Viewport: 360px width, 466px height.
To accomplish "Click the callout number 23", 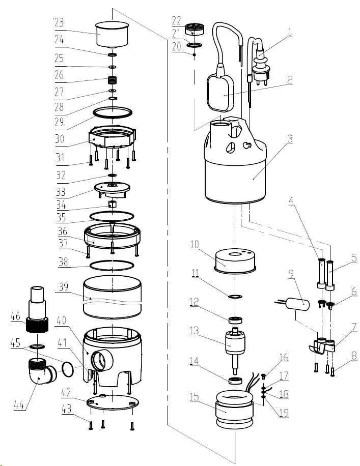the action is [x=59, y=22].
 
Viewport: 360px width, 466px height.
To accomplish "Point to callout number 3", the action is [x=290, y=139].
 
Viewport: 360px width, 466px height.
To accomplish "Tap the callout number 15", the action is [x=194, y=397].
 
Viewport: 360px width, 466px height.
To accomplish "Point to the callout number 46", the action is [x=15, y=316].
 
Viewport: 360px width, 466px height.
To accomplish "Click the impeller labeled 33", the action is [x=113, y=190].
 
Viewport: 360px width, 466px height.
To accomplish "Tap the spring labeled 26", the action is [x=113, y=80].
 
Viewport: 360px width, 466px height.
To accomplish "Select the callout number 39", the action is [x=63, y=287].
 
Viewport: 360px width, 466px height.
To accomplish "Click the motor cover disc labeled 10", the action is [x=235, y=261].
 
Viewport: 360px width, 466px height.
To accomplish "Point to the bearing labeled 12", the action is [x=235, y=321].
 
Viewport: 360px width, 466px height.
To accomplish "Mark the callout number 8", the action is [x=354, y=356].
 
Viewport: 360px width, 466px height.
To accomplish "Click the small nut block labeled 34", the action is [x=112, y=204].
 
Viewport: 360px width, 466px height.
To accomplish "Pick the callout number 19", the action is [x=284, y=413].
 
